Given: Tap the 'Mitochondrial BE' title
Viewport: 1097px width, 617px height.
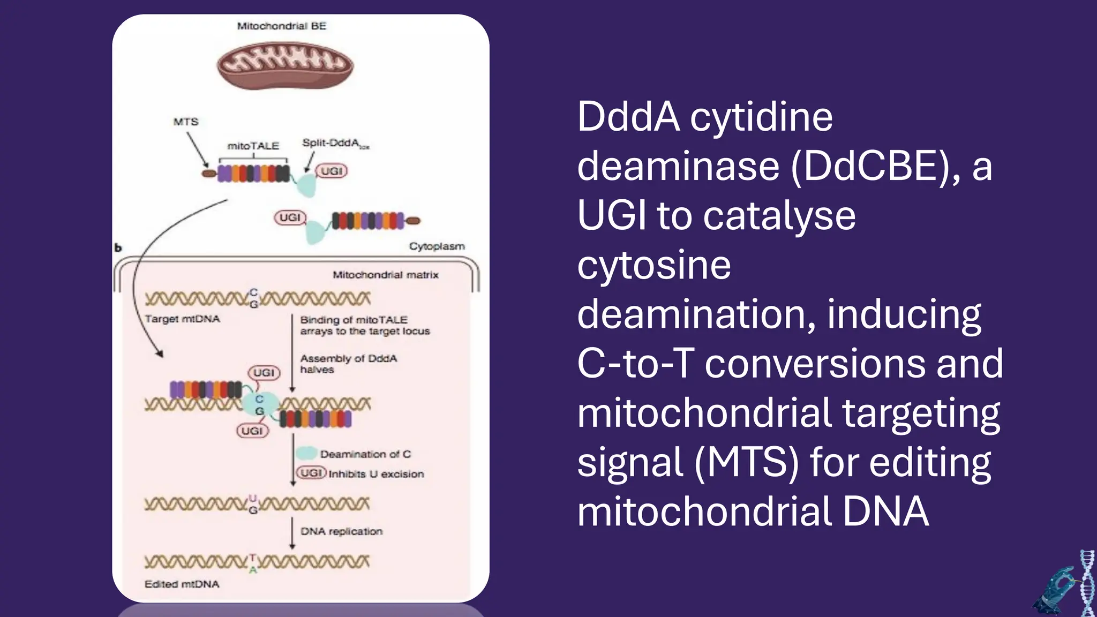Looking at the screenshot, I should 281,26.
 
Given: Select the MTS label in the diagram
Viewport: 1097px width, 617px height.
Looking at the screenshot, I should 186,122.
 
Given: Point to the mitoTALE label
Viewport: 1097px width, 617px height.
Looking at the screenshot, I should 253,146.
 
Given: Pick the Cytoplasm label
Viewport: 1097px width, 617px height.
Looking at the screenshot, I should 437,246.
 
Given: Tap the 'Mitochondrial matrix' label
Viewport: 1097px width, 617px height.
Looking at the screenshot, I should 385,275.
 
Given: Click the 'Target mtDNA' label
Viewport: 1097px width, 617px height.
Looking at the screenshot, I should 182,319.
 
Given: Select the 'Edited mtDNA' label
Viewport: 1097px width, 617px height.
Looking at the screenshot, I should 182,584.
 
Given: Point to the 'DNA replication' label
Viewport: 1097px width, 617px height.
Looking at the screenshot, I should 341,531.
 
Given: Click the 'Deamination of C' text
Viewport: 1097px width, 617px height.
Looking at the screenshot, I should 365,454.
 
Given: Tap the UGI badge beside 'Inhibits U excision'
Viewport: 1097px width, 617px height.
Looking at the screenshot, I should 311,473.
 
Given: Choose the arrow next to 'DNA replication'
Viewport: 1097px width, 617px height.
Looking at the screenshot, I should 292,533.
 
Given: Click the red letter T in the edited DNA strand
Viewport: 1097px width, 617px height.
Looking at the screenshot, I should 253,557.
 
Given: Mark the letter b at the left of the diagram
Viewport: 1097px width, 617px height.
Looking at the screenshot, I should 118,248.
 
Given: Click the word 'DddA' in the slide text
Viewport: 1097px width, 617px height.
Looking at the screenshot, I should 628,117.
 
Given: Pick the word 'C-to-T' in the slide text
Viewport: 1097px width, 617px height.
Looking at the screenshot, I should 635,363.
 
